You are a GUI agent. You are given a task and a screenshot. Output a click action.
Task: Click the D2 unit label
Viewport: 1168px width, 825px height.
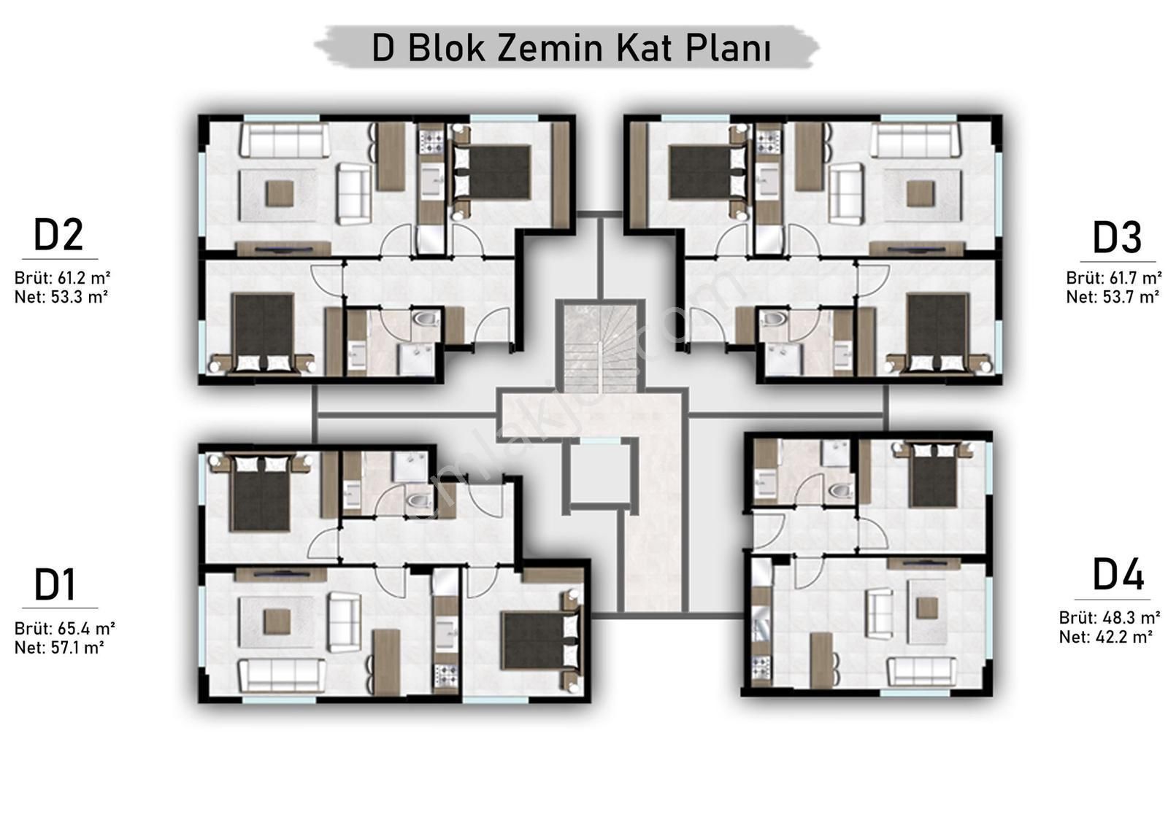point(58,235)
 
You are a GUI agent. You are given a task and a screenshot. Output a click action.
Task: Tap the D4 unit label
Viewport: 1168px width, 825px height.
point(1118,574)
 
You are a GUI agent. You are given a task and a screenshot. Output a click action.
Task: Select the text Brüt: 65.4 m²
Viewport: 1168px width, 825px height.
point(65,628)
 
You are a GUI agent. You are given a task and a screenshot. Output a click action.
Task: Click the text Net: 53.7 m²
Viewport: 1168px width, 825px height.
point(1113,297)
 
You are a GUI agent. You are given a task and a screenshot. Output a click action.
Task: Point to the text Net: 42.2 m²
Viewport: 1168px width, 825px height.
point(1105,637)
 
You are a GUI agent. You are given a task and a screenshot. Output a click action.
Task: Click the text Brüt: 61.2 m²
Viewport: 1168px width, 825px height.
point(62,278)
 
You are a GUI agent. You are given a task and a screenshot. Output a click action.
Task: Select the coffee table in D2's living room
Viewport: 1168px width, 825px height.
point(280,193)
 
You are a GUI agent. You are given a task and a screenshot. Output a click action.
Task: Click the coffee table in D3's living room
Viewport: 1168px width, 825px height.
point(921,193)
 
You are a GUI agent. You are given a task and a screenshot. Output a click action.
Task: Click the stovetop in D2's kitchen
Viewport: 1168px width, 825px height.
point(431,139)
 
